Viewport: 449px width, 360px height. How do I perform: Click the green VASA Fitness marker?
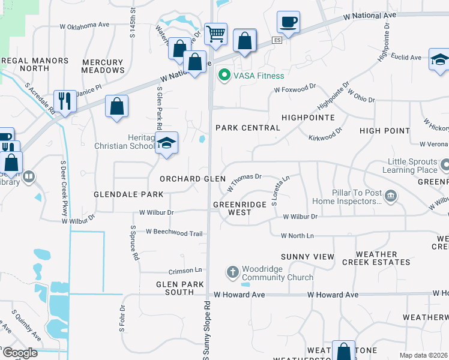(224, 76)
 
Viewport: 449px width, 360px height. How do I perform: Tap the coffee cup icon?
(288, 23)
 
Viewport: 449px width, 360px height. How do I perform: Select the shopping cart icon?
(215, 34)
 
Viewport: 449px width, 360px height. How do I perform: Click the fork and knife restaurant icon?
(64, 100)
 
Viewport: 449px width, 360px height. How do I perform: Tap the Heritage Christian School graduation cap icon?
(167, 143)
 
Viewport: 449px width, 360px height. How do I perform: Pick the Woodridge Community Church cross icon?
(233, 272)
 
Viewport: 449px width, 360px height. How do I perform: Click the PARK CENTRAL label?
(248, 128)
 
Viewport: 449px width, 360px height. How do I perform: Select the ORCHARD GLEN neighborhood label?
(193, 179)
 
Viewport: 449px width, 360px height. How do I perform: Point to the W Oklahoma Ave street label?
(85, 26)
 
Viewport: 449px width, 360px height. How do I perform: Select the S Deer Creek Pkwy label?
(63, 188)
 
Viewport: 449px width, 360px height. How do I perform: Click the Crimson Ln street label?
(185, 271)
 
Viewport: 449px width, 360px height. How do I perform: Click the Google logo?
(19, 353)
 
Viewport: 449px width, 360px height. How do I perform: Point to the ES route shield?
(276, 40)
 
